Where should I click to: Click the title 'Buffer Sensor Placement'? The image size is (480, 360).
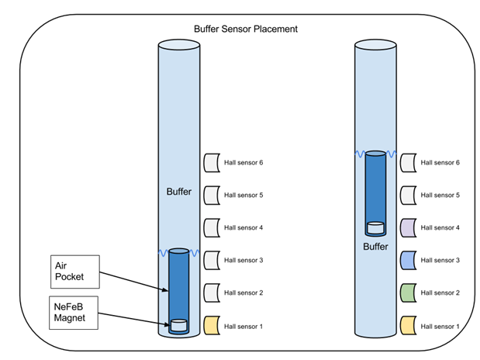pyautogui.click(x=246, y=29)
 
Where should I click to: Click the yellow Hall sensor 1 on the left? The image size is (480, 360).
pyautogui.click(x=212, y=326)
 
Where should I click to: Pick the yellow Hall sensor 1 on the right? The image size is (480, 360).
pyautogui.click(x=409, y=326)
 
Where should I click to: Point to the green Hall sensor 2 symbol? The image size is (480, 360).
pyautogui.click(x=409, y=293)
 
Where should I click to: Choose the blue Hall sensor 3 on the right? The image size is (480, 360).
pyautogui.click(x=409, y=261)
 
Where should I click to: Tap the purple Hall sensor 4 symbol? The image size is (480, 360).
pyautogui.click(x=409, y=228)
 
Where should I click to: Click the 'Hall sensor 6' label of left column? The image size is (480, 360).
pyautogui.click(x=243, y=163)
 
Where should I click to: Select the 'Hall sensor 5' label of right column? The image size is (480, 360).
pyautogui.click(x=440, y=196)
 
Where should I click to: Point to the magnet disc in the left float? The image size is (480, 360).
pyautogui.click(x=179, y=326)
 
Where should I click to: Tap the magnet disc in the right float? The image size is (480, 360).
pyautogui.click(x=375, y=228)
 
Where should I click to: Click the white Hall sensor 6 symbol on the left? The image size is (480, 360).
pyautogui.click(x=212, y=163)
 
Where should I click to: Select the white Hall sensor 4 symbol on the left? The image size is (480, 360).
pyautogui.click(x=212, y=228)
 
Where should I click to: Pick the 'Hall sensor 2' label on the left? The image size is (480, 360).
pyautogui.click(x=243, y=293)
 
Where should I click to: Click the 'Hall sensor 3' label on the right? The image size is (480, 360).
pyautogui.click(x=440, y=261)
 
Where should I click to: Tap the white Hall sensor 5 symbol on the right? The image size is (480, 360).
pyautogui.click(x=409, y=196)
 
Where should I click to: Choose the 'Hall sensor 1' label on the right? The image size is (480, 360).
pyautogui.click(x=440, y=326)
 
